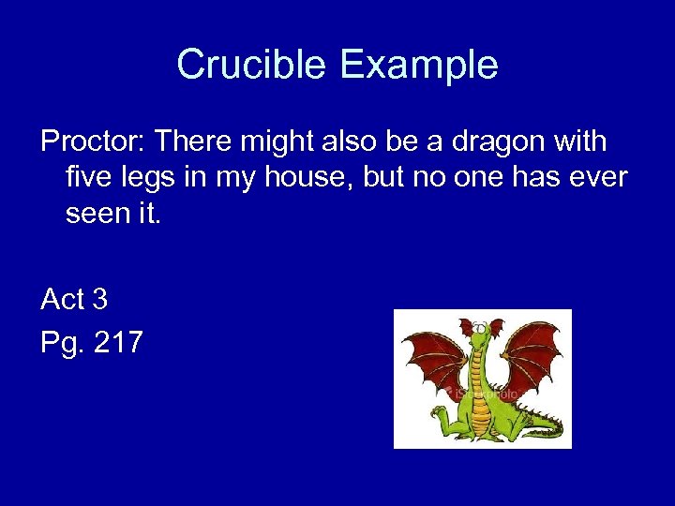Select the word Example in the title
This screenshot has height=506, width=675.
(x=418, y=65)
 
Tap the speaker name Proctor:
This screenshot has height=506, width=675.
(x=91, y=142)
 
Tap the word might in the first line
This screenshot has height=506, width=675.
(x=290, y=142)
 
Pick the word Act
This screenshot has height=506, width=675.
(x=63, y=300)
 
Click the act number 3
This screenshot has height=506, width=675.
(x=99, y=300)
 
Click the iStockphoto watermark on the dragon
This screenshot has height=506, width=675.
(x=482, y=394)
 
